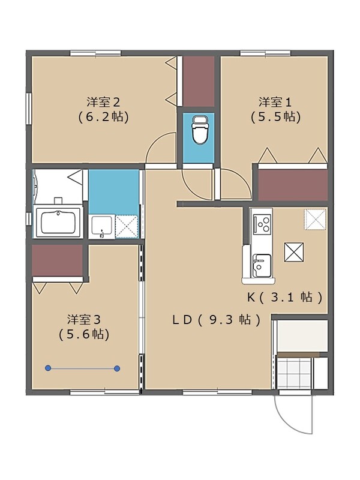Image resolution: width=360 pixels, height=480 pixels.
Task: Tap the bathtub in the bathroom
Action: pos(59,223)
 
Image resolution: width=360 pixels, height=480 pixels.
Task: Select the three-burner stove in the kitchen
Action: pos(262,223)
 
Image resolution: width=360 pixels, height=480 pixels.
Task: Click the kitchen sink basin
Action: pos(261,265)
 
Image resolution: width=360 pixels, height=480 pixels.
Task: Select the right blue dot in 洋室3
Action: pos(117,368)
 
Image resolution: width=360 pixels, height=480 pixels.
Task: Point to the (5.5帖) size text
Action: pos(275,116)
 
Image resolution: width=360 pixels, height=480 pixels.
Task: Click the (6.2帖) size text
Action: pos(103,116)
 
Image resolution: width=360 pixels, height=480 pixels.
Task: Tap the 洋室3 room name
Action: pos(83,318)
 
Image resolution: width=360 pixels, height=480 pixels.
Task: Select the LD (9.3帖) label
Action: pos(217,320)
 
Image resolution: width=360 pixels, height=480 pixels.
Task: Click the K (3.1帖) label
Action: pos(286,296)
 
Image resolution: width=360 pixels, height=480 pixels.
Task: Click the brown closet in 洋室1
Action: pos(292,185)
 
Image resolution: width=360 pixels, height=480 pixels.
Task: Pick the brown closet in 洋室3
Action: pos(58,261)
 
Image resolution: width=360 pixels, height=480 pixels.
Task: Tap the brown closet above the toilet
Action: pos(199,81)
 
